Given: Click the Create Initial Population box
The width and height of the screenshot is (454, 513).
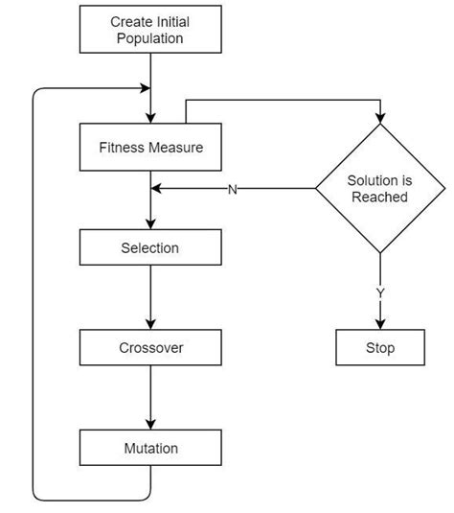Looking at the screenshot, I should pos(150,31).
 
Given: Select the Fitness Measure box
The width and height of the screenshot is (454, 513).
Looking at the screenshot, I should pos(150,148).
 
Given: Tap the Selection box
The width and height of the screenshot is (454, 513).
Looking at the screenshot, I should pos(150,248).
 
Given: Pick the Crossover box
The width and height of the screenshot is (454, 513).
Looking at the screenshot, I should pos(150,348).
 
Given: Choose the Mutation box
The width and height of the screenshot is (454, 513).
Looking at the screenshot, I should pos(150,448).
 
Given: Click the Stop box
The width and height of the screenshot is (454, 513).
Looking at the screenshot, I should pos(380,348).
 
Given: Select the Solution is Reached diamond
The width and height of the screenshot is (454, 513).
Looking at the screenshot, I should pos(380,188).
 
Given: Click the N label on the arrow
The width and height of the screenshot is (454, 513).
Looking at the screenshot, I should pos(232,189).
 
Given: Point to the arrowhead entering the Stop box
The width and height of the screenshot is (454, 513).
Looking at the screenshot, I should pos(380,325).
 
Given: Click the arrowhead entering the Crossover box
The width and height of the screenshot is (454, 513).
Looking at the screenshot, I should pos(150,325).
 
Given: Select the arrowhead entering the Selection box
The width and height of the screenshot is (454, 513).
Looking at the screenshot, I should pos(150,225).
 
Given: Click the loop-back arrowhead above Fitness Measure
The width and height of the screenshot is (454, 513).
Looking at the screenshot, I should pos(146,89).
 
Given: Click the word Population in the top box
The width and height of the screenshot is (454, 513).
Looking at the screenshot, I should pos(150,39).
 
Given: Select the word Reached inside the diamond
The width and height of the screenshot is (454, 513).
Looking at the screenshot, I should pos(380,197).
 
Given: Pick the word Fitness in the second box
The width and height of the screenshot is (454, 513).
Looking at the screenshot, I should pos(122,148).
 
